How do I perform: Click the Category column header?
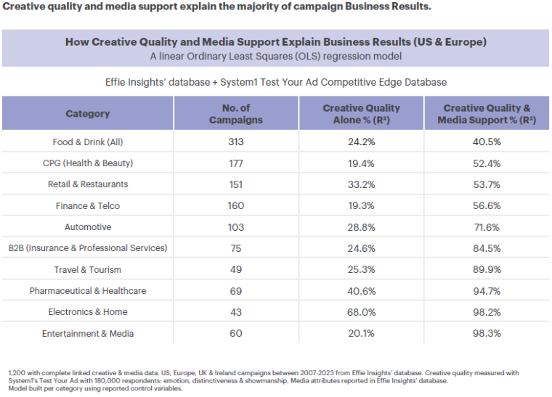tap(88, 114)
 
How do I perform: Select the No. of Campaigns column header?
tap(235, 114)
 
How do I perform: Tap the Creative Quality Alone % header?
tap(361, 114)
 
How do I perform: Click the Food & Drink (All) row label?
tap(88, 142)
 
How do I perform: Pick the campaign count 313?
tap(236, 142)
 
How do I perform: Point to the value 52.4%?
tap(487, 163)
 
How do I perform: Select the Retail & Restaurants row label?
tap(88, 184)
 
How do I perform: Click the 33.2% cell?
tap(361, 184)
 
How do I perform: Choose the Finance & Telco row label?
tap(88, 206)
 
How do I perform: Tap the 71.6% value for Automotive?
tap(487, 227)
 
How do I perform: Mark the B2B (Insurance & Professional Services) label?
tap(88, 248)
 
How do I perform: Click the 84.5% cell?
tap(487, 248)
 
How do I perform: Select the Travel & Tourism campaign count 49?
tap(236, 269)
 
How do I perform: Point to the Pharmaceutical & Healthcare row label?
tap(88, 291)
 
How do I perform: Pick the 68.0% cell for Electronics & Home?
tap(361, 312)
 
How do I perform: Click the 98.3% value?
tap(487, 333)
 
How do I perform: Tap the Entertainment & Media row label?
tap(88, 333)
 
